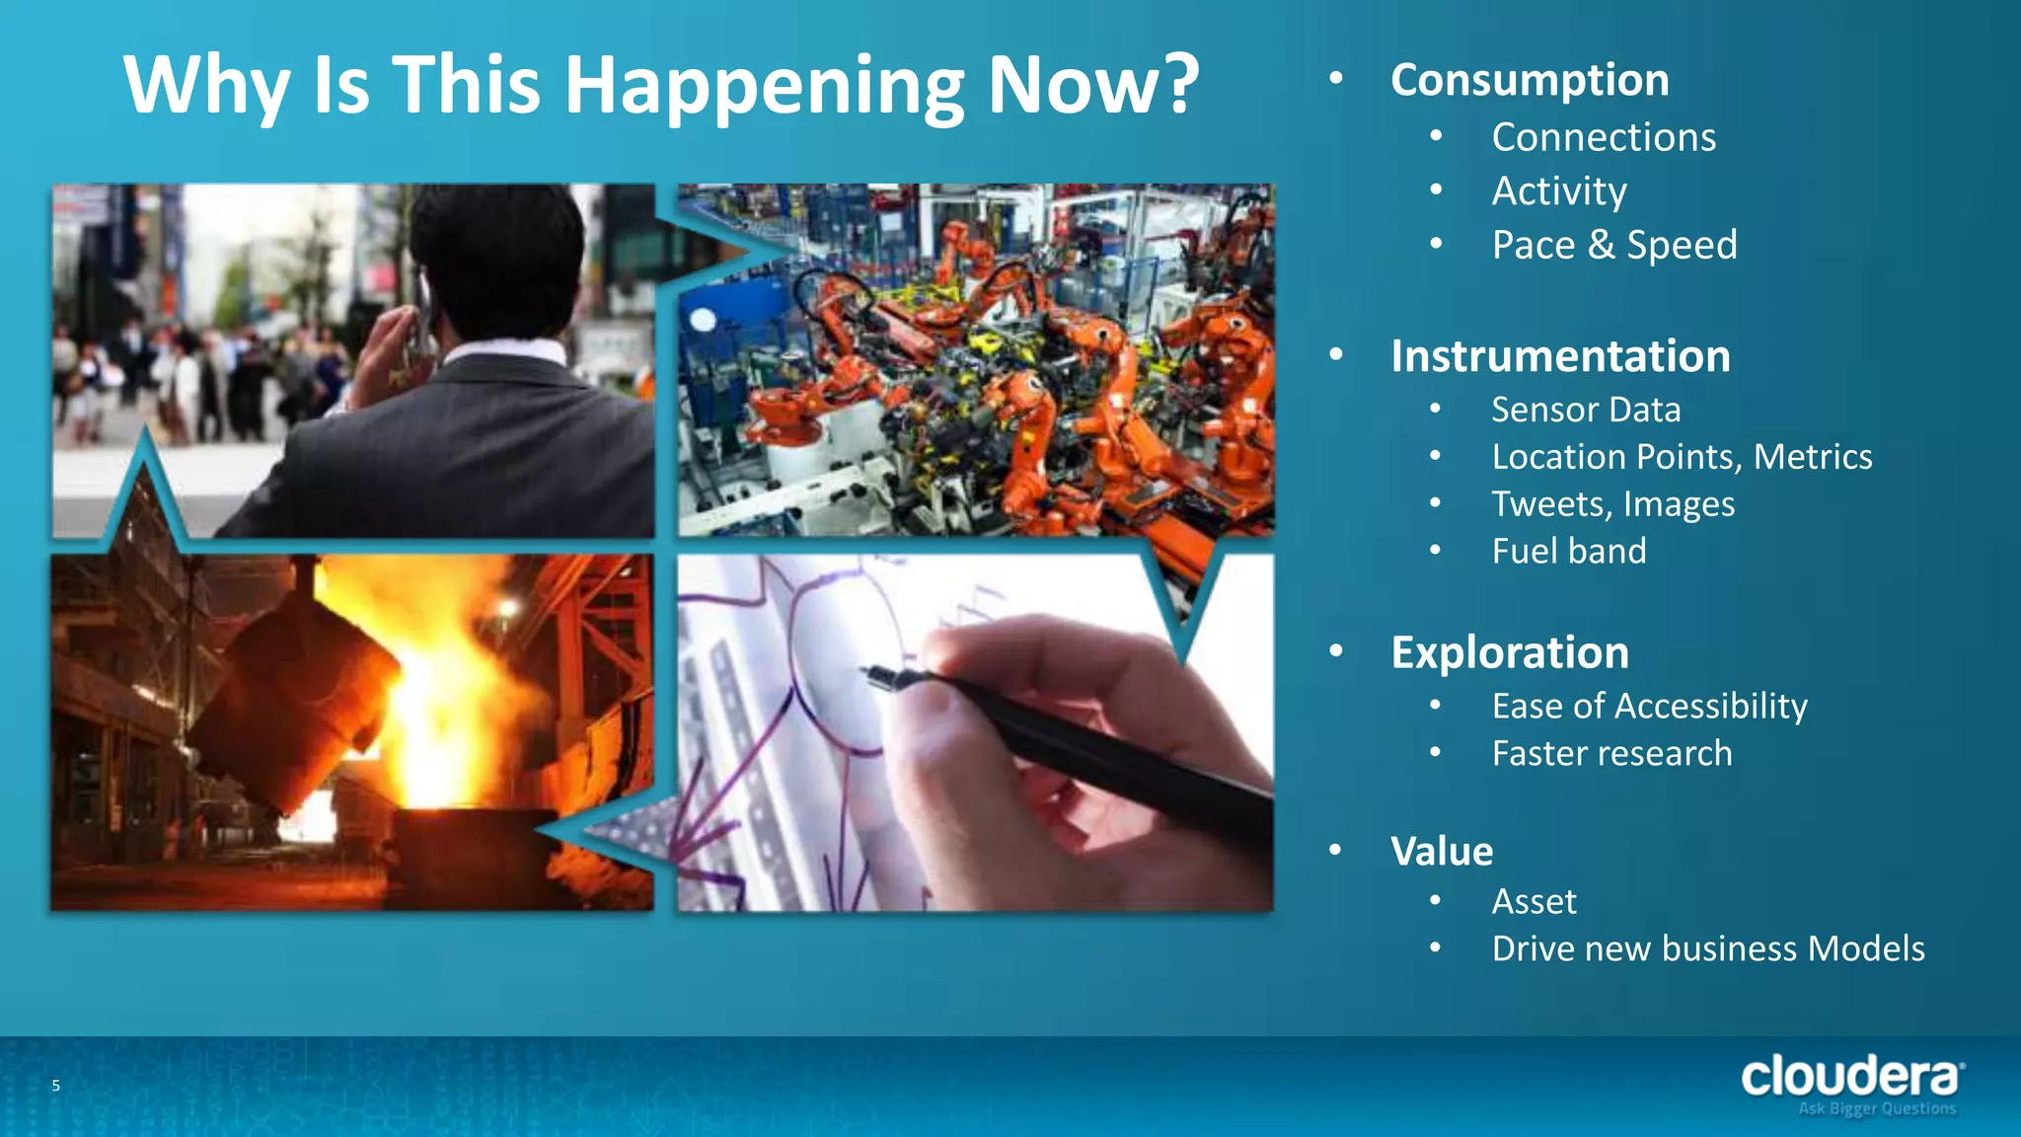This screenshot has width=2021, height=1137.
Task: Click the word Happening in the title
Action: pyautogui.click(x=764, y=87)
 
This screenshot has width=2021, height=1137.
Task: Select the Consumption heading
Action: pyautogui.click(x=1530, y=80)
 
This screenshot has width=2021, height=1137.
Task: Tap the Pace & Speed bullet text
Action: pyautogui.click(x=1613, y=245)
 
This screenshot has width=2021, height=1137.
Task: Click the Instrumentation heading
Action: pyautogui.click(x=1560, y=356)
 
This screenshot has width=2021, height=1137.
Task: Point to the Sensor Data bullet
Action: pyautogui.click(x=1586, y=410)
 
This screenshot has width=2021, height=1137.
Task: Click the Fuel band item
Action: pyautogui.click(x=1569, y=551)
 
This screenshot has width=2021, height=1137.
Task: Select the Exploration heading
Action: pyautogui.click(x=1510, y=652)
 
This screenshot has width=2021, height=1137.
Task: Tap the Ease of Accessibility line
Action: pyautogui.click(x=1649, y=707)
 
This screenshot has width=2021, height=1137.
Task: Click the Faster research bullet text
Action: pyautogui.click(x=1611, y=754)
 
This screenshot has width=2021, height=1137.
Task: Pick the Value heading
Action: pyautogui.click(x=1442, y=851)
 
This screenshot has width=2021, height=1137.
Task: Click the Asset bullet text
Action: pyautogui.click(x=1534, y=901)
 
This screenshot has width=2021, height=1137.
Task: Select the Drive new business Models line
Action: pyautogui.click(x=1707, y=948)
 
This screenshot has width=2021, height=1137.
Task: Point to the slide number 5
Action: pyautogui.click(x=56, y=1086)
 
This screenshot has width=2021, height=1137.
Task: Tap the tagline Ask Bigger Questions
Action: pyautogui.click(x=1877, y=1109)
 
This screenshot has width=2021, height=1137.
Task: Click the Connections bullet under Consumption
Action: pyautogui.click(x=1604, y=137)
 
